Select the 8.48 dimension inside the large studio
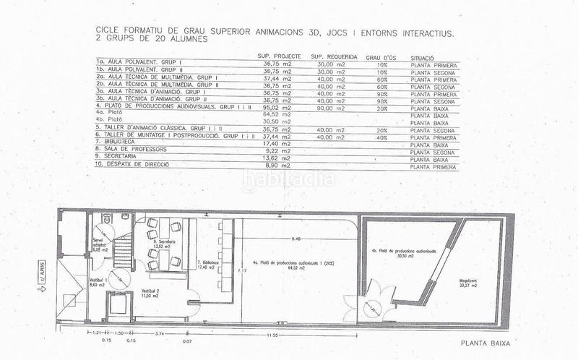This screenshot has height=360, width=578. [x=296, y=238]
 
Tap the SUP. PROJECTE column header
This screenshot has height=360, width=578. [x=277, y=56]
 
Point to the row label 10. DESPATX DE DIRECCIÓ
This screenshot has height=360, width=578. [x=133, y=165]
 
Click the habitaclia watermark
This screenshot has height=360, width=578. [x=288, y=178]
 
